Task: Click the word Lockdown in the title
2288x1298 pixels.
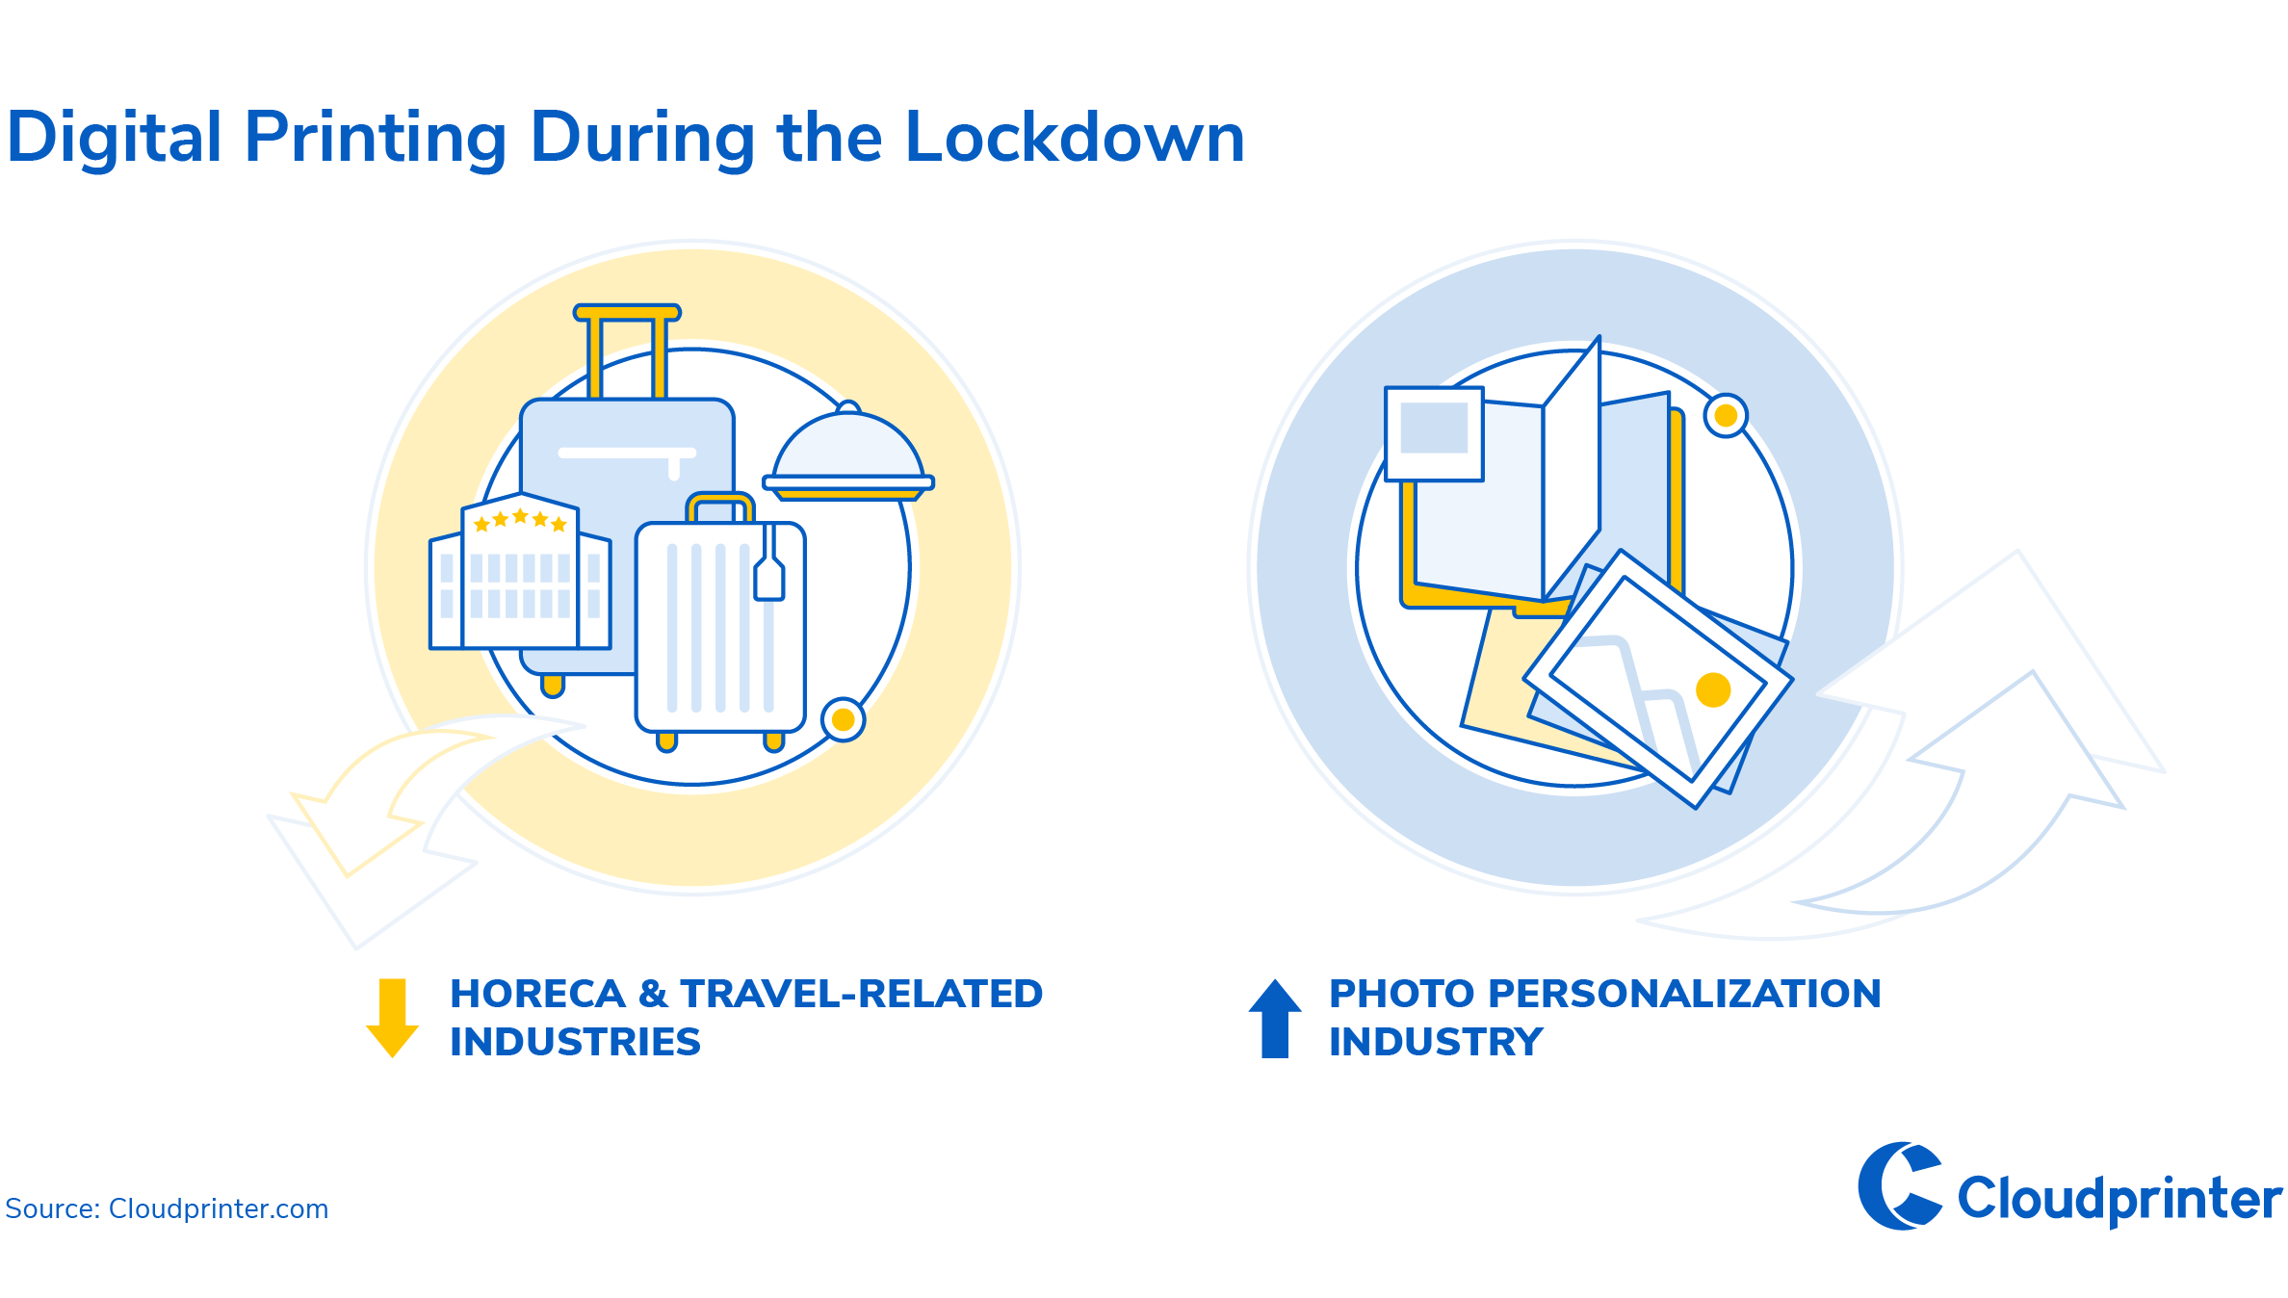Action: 1075,137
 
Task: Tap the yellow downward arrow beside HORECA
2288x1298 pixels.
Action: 392,1018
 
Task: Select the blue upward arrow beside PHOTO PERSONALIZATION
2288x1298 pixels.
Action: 1275,1018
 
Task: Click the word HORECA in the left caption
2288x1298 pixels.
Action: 537,994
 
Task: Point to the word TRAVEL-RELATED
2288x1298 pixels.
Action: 862,994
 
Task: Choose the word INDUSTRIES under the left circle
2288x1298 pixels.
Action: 576,1042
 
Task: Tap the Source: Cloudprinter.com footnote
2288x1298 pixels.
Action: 167,1208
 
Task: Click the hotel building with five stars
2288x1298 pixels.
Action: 520,572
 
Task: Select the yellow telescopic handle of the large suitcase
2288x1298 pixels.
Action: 627,350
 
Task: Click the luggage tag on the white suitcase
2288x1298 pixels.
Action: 768,574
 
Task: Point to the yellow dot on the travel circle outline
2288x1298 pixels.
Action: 843,720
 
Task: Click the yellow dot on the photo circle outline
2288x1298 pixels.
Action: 1726,416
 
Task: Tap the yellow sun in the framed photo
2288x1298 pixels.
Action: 1713,689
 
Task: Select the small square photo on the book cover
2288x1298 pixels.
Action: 1434,433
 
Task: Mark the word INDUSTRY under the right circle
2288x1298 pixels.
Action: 1436,1042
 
